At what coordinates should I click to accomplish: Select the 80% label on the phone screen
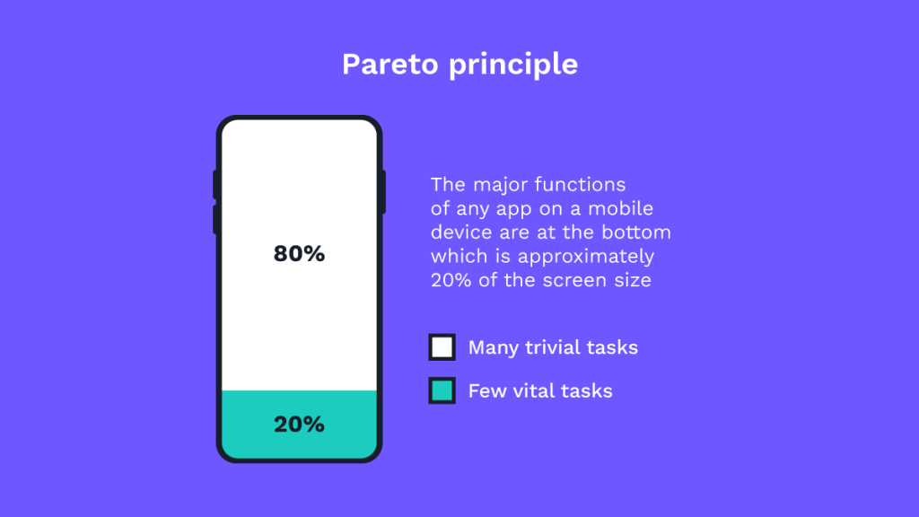click(299, 254)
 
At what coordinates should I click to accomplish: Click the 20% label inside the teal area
click(299, 425)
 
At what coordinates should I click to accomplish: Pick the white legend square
click(442, 347)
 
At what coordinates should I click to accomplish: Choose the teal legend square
click(442, 390)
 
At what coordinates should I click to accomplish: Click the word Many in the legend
click(492, 348)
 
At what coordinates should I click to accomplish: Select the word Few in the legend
click(485, 390)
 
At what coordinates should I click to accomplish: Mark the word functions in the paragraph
click(581, 185)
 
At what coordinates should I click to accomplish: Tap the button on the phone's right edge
click(383, 191)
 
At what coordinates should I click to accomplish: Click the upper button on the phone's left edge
click(215, 184)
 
